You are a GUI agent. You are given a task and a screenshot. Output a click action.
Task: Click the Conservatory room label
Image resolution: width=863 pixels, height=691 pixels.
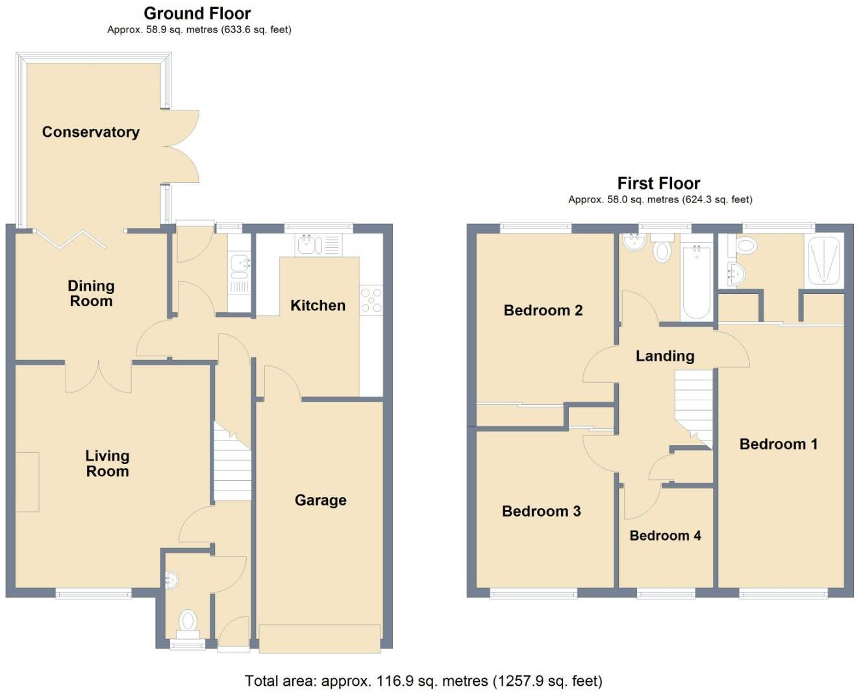(x=91, y=132)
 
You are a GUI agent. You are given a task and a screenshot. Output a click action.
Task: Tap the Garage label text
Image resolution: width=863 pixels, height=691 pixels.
(x=320, y=500)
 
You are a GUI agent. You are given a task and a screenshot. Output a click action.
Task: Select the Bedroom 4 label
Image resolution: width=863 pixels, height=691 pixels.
(x=665, y=536)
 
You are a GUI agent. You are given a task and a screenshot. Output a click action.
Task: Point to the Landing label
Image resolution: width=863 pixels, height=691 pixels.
(x=665, y=356)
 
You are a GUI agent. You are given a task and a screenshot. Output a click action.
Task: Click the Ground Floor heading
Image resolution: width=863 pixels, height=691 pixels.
(x=197, y=13)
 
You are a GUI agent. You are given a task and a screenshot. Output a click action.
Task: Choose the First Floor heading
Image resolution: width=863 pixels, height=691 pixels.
(x=658, y=183)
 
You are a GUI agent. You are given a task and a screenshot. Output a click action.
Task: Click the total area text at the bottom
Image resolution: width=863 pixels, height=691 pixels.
(x=423, y=681)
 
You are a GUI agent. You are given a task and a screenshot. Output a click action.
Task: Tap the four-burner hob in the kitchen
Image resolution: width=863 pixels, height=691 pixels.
(x=371, y=302)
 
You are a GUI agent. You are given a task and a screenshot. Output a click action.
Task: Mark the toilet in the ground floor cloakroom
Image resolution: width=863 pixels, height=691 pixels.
(x=188, y=622)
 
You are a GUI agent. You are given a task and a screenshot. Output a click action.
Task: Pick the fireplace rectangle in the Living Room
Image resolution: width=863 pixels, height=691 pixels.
(x=27, y=481)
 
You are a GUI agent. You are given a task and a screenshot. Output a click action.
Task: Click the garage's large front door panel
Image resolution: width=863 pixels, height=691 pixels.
(x=319, y=638)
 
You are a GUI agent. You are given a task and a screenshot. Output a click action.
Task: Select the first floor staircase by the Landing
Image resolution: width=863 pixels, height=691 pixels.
(x=694, y=406)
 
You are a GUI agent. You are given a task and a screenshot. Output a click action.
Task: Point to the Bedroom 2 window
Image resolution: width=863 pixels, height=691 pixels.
(x=536, y=227)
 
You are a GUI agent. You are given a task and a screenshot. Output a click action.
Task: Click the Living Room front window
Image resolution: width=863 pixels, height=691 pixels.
(x=94, y=592)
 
